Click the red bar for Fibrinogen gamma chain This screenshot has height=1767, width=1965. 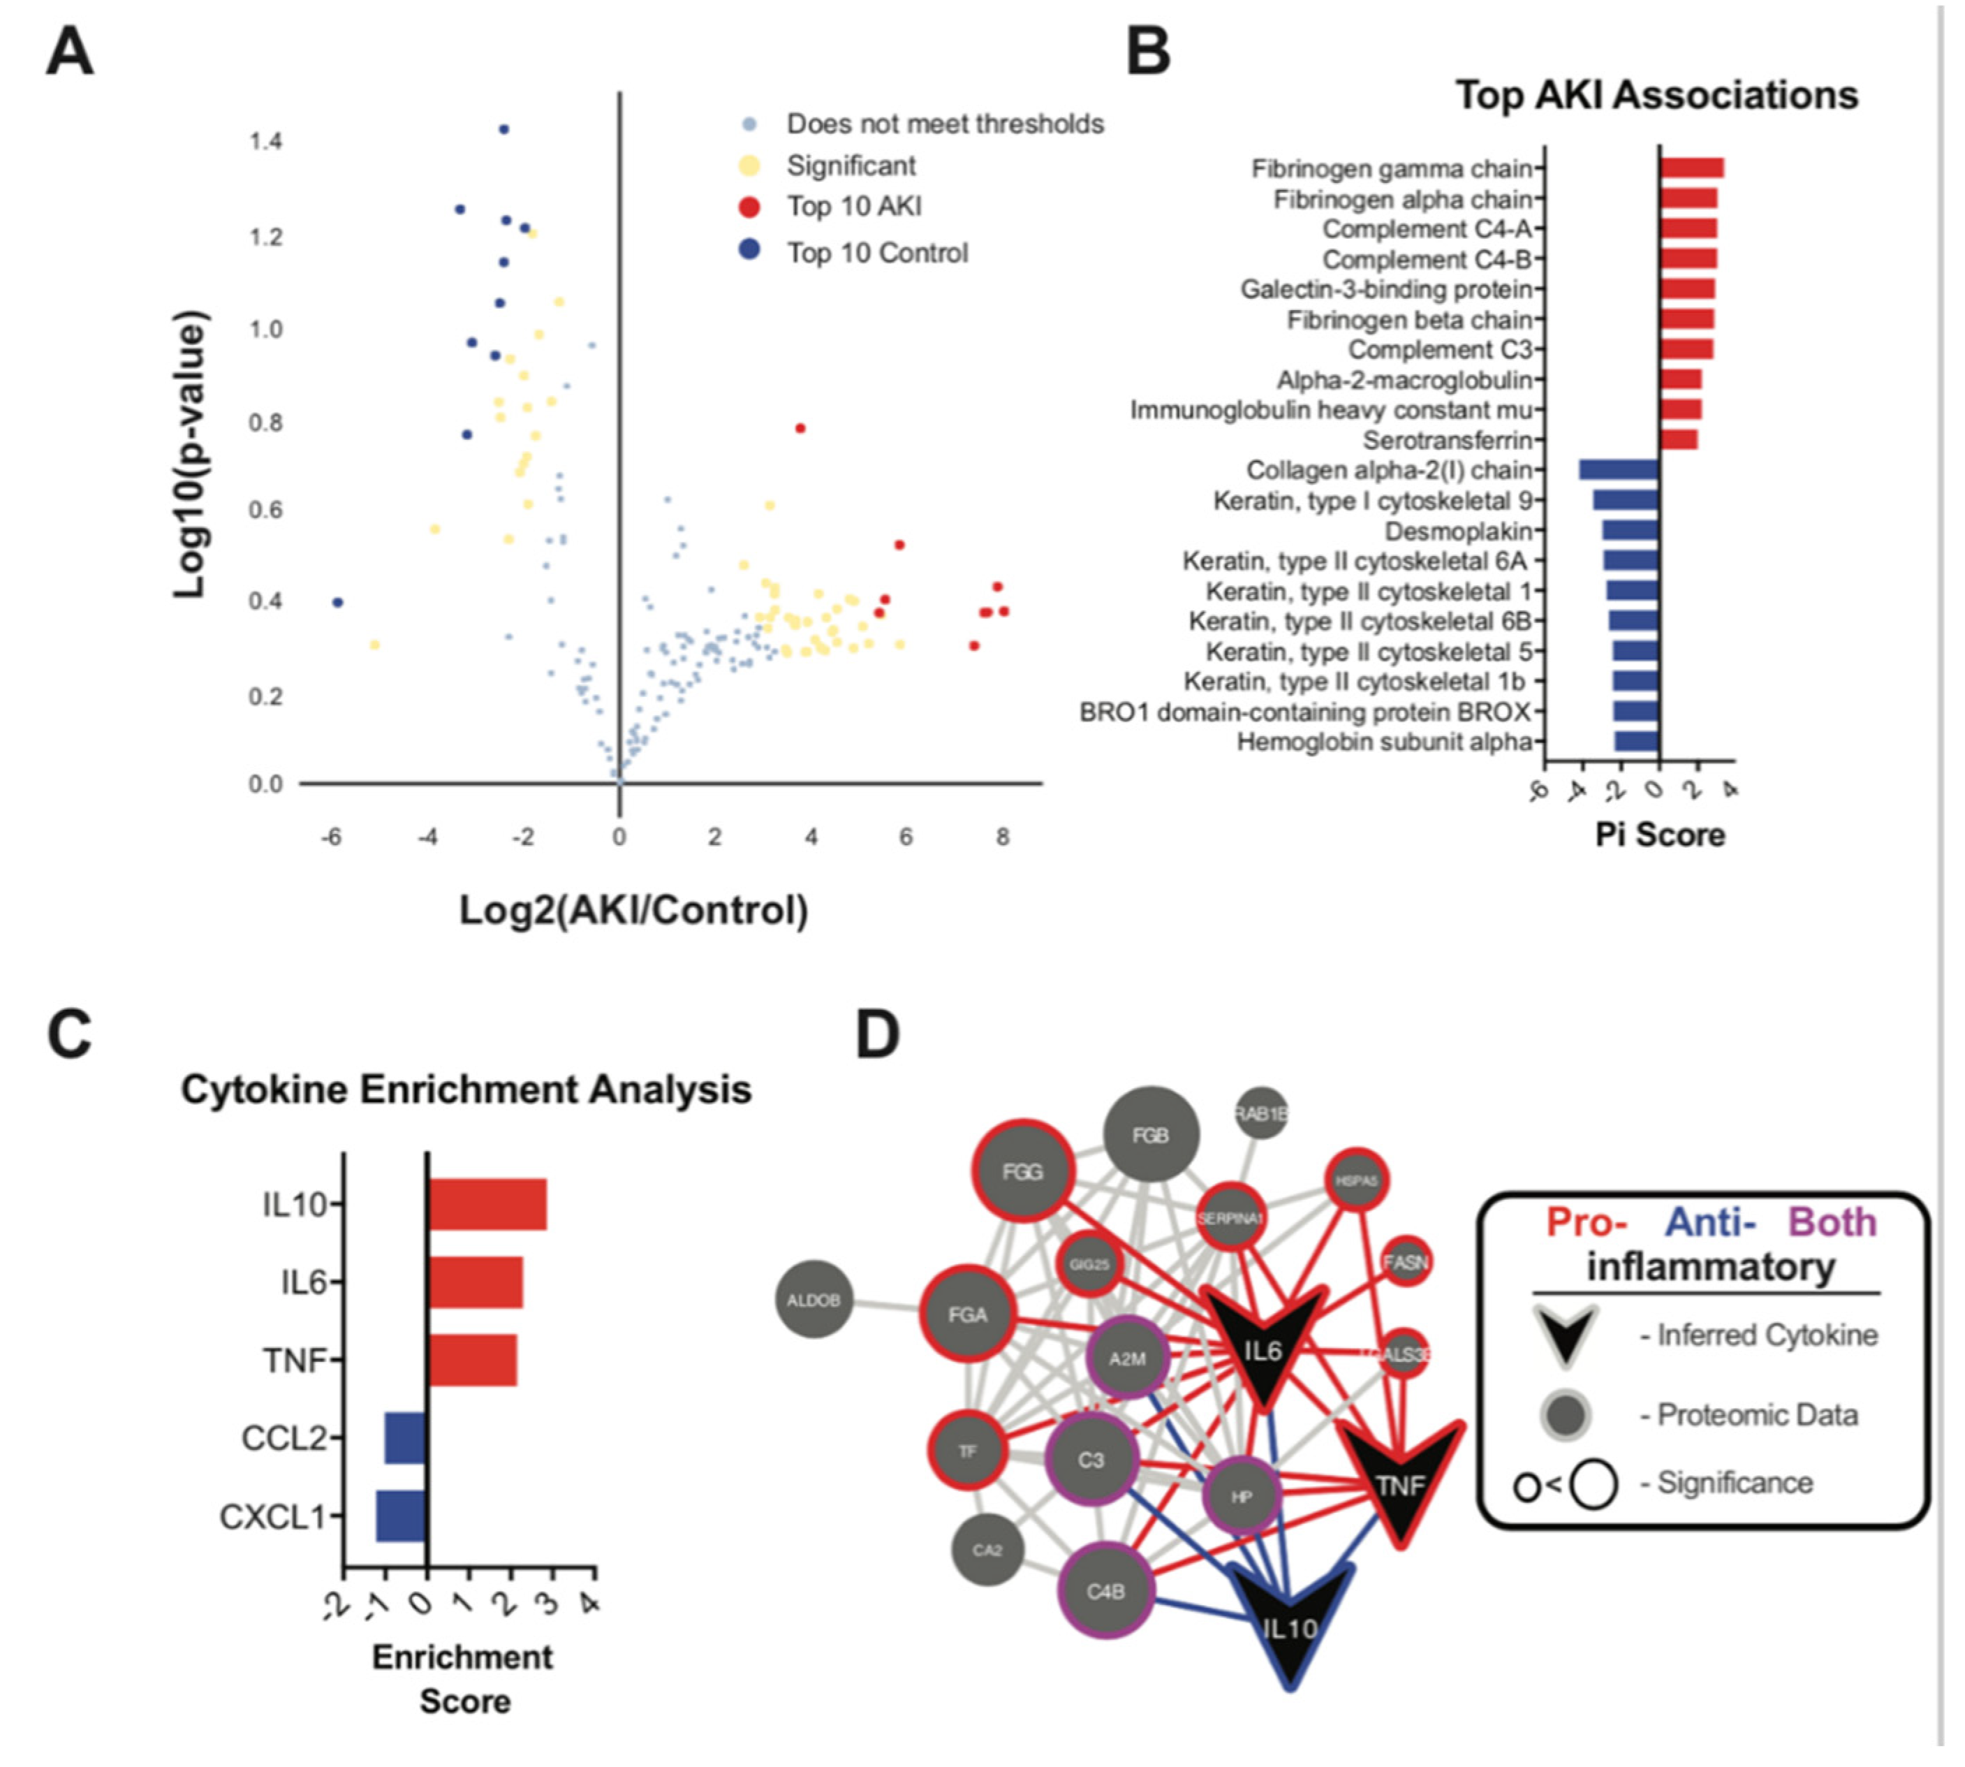point(1691,168)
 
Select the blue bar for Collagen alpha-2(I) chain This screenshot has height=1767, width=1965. point(1619,470)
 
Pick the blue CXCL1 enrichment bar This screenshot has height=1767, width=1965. point(401,1516)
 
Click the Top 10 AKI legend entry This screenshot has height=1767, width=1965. point(853,207)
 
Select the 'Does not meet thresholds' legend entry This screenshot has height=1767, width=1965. point(943,124)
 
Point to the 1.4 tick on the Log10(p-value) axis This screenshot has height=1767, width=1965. point(266,142)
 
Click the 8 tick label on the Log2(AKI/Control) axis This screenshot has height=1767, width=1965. point(1002,837)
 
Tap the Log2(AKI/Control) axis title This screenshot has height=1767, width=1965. point(633,911)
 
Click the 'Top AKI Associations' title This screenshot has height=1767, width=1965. point(1656,95)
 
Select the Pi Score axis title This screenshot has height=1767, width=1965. point(1659,835)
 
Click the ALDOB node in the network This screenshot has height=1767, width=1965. point(814,1300)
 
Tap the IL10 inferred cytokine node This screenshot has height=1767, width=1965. point(1289,1627)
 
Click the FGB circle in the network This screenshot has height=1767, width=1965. point(1151,1135)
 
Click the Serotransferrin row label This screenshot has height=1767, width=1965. point(1447,441)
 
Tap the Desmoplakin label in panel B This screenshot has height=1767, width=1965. point(1457,531)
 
